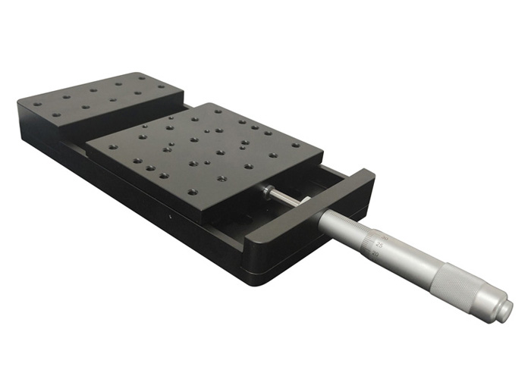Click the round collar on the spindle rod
tap(267, 191)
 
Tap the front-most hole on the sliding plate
tap(221, 179)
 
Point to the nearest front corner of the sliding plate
tap(203, 221)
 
